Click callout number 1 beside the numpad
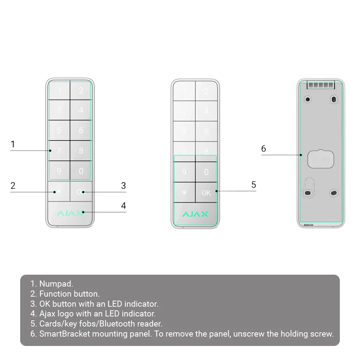coord(12,145)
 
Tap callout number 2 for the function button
coord(13,186)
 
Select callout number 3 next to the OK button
coord(123,186)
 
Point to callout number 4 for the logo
coord(123,206)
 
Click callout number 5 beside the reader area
coord(253,185)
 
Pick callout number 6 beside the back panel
coord(264,149)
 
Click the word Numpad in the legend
coord(56,284)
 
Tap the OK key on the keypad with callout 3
coord(81,192)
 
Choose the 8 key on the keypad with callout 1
coord(81,150)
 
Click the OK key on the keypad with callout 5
coord(206,193)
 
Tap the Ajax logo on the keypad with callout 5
coord(195,214)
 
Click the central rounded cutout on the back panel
coord(320,158)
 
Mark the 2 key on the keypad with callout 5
coord(206,91)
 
